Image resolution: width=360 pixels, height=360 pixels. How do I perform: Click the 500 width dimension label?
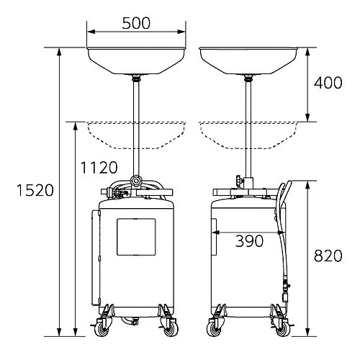pyautogui.click(x=136, y=23)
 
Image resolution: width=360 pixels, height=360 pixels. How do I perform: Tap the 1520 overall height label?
pyautogui.click(x=35, y=190)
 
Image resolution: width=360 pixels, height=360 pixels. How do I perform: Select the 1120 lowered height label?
pyautogui.click(x=99, y=167)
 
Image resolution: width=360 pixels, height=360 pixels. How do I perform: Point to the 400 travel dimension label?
pyautogui.click(x=328, y=83)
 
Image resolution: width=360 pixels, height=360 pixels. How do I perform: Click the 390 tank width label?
pyautogui.click(x=249, y=241)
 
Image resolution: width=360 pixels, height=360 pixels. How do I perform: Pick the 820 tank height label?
pyautogui.click(x=328, y=256)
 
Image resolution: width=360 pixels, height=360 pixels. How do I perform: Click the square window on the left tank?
pyautogui.click(x=136, y=237)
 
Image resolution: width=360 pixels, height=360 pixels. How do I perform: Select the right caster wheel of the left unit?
pyautogui.click(x=171, y=329)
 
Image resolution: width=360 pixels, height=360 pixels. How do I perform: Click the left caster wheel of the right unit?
pyautogui.click(x=214, y=329)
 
